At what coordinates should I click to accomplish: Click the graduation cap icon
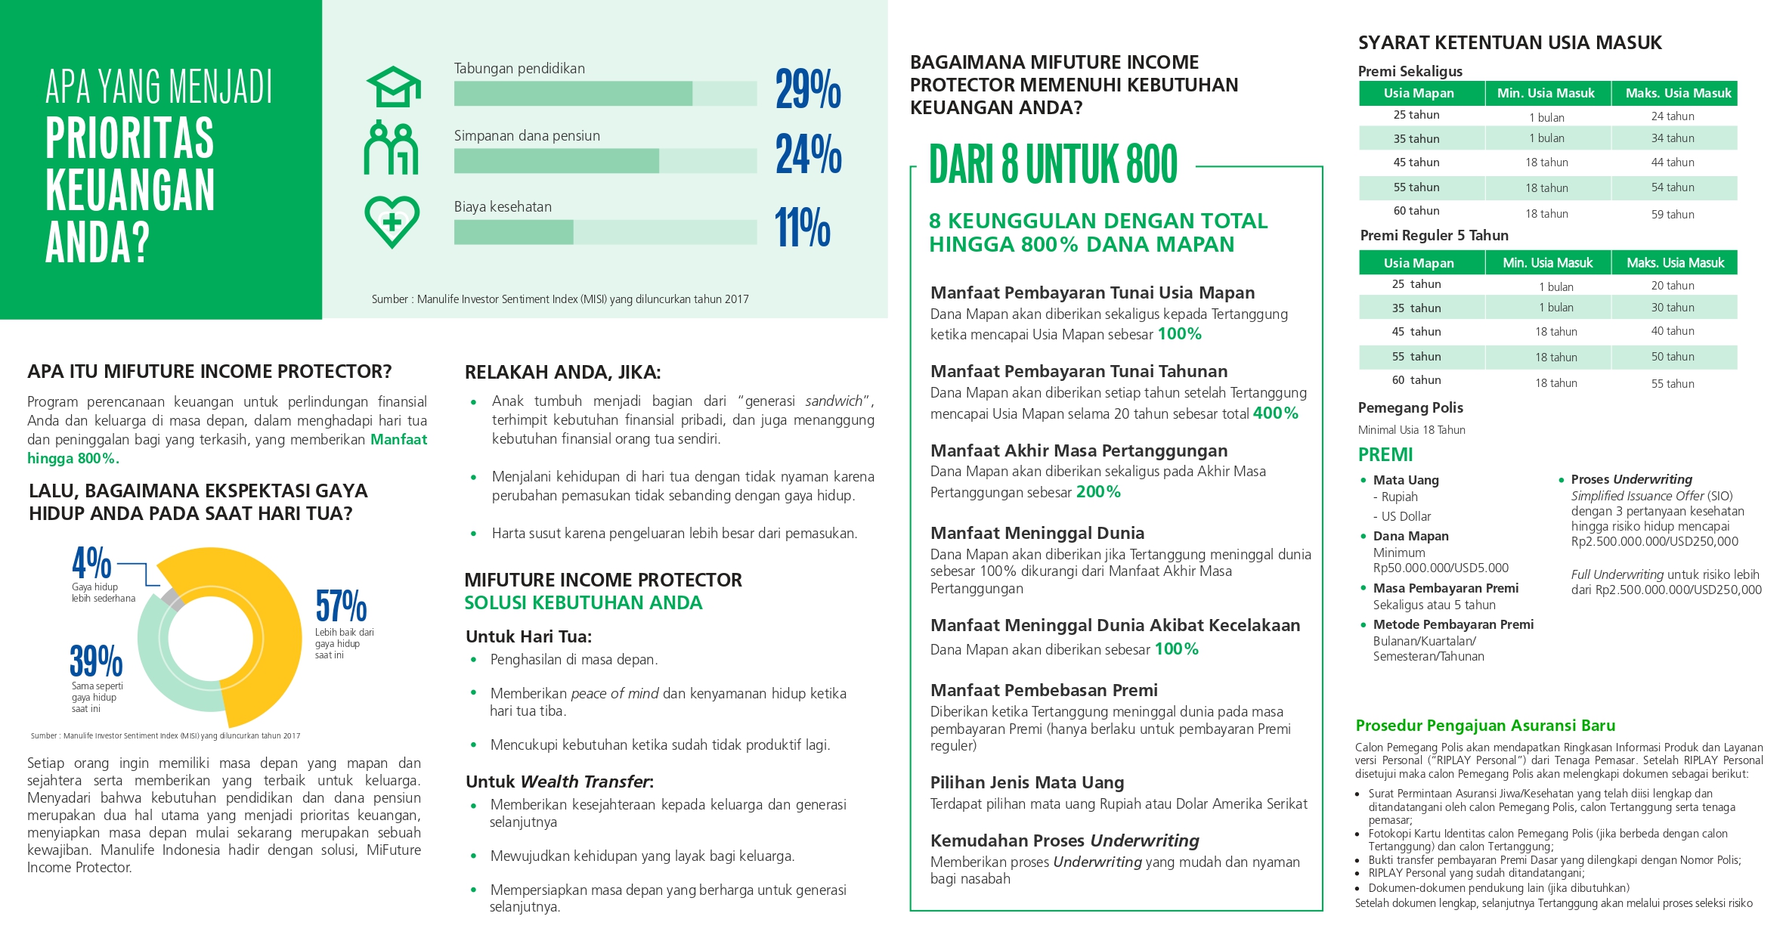(x=393, y=88)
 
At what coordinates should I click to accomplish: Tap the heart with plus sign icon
(x=392, y=222)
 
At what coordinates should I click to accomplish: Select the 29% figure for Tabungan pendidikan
(x=807, y=89)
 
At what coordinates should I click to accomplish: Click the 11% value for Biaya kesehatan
(x=802, y=228)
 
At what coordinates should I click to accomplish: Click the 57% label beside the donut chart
(x=341, y=606)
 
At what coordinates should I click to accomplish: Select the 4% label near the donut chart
(x=91, y=563)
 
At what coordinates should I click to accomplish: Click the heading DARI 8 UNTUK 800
(x=1052, y=165)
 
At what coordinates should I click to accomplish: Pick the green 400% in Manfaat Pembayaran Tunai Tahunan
(x=1275, y=413)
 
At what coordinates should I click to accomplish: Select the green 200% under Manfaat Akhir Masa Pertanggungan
(x=1098, y=492)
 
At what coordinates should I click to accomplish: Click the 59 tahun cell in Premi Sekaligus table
(x=1672, y=215)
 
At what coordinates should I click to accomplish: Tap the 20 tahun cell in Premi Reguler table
(x=1672, y=286)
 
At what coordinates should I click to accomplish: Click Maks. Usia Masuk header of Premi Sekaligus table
(x=1677, y=94)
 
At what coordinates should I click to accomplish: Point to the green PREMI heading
(x=1385, y=455)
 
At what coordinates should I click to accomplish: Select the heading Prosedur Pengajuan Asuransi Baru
(x=1484, y=726)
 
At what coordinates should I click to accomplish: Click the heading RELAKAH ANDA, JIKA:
(x=562, y=373)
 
